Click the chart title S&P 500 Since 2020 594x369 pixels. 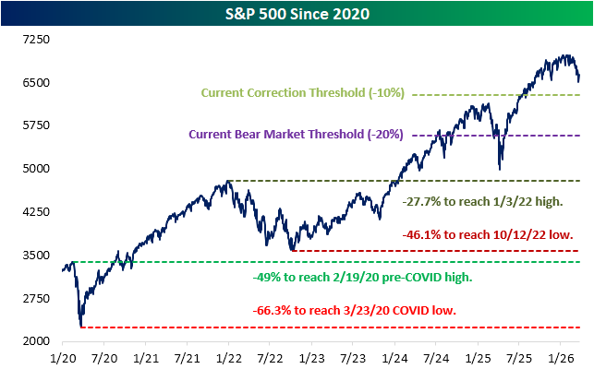297,14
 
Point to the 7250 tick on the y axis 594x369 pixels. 34,40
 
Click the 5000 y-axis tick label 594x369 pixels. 34,169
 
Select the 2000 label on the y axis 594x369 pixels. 34,341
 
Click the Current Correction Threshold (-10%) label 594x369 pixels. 302,94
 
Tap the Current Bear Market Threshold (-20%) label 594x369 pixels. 296,134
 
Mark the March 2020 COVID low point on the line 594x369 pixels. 82,327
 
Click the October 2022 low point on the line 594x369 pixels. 292,250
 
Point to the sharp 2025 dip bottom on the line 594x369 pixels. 500,169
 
